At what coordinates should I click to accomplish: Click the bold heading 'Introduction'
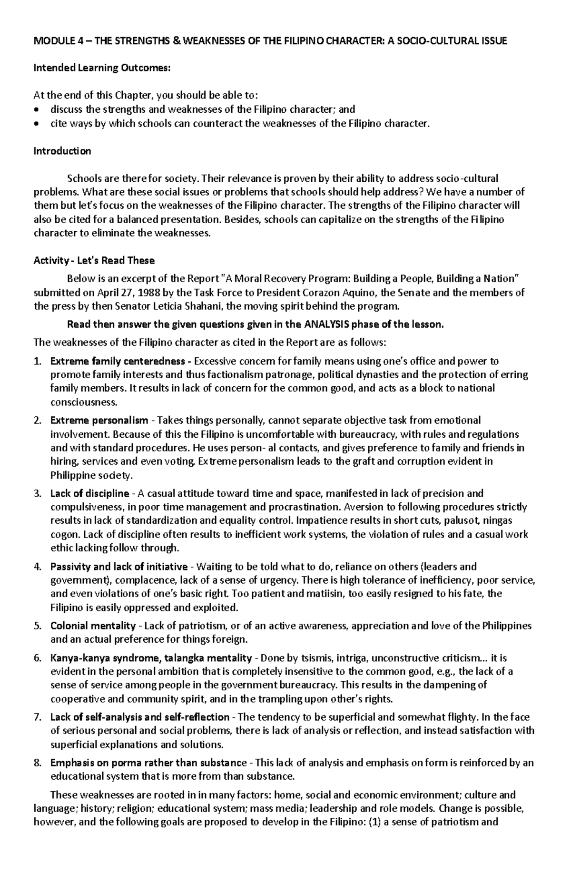point(62,151)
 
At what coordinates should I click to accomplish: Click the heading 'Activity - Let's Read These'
point(94,261)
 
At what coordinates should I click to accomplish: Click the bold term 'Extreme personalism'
point(99,421)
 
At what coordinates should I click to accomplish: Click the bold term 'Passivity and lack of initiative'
point(118,567)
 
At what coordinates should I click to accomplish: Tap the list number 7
point(37,717)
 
